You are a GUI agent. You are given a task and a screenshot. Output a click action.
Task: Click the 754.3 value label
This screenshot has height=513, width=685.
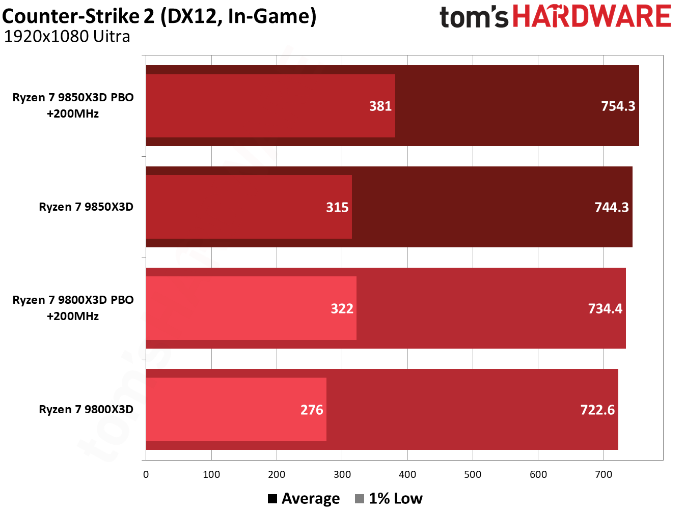pos(618,106)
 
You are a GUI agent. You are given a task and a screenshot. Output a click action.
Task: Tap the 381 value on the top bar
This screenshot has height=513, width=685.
pos(380,106)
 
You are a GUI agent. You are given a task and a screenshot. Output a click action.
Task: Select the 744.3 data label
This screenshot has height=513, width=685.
pos(611,207)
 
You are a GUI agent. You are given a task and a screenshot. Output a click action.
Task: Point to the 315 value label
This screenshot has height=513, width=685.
pos(337,207)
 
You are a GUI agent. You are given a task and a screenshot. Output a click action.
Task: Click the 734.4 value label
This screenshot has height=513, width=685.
pos(605,308)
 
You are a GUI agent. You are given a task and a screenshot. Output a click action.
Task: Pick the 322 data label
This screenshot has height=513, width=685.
pos(342,308)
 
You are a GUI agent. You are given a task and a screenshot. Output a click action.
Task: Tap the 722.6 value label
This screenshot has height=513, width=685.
pos(597,410)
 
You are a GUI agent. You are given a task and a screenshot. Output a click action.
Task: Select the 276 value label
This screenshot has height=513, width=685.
pos(312,410)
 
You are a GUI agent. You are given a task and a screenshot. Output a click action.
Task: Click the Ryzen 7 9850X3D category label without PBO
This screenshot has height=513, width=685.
pos(86,207)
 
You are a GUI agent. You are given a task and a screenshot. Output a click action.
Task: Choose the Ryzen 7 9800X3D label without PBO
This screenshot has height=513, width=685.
pos(86,410)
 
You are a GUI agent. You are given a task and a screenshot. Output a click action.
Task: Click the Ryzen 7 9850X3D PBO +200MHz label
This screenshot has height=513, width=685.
pos(73,105)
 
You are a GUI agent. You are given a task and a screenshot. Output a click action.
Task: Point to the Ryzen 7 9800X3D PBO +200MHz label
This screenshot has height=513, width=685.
pos(73,308)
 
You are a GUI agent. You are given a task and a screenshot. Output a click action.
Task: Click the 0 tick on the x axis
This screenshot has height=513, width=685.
pos(146,475)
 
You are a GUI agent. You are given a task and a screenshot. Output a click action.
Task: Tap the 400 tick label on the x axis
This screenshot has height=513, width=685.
pos(407,475)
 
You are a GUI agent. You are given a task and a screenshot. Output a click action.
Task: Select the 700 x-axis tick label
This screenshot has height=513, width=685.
pos(604,475)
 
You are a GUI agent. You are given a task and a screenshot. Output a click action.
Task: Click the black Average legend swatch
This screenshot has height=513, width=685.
pos(272,499)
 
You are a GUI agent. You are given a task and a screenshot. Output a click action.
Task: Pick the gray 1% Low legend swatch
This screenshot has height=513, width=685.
pos(360,499)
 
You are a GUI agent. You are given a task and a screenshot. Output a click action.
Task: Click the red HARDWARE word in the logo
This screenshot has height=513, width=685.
pos(591,17)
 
